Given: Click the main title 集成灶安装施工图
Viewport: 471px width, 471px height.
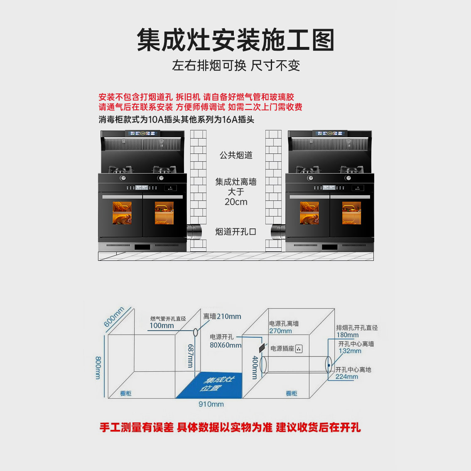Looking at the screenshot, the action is click(235, 40).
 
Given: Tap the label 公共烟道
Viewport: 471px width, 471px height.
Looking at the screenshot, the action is click(236, 155).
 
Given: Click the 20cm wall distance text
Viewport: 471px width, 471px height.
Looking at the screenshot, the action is click(236, 202).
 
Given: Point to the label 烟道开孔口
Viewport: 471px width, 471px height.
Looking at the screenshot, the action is click(235, 232).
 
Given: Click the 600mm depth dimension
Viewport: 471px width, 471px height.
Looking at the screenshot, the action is click(114, 316).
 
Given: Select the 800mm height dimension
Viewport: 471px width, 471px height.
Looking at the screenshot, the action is click(98, 367).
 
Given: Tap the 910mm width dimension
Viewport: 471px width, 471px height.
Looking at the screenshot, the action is click(211, 404).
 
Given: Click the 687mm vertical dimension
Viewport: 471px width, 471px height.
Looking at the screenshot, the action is click(191, 356).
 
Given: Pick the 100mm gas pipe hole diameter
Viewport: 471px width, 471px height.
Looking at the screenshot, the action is click(162, 326).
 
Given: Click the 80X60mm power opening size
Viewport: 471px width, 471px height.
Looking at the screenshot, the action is click(225, 345).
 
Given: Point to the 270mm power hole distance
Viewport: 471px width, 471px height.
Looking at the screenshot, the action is click(280, 331).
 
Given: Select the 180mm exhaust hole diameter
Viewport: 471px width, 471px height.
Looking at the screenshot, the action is click(348, 335).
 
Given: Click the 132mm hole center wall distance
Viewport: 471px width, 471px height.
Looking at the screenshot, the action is click(350, 351).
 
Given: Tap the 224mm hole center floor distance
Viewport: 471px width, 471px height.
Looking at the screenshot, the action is click(346, 377).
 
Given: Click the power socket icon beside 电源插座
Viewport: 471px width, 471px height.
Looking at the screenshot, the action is click(299, 349).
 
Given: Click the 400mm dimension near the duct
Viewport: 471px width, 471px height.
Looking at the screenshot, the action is click(255, 367).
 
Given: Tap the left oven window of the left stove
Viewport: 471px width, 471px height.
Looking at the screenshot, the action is click(122, 213).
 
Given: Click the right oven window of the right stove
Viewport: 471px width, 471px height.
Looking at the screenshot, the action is click(351, 213).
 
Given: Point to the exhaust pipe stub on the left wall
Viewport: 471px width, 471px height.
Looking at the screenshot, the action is click(194, 232).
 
